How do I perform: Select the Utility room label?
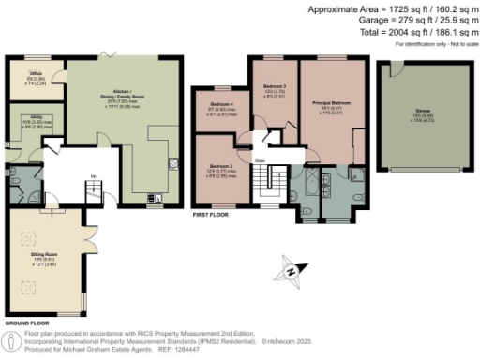pyautogui.click(x=30, y=117)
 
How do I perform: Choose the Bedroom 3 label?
pyautogui.click(x=274, y=85)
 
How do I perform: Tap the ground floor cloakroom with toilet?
pyautogui.click(x=22, y=181)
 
